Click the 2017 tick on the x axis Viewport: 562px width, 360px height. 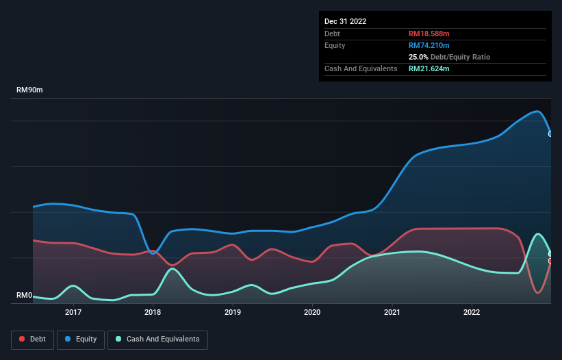point(73,312)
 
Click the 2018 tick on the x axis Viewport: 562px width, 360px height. point(153,312)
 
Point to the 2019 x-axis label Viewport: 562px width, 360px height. point(233,312)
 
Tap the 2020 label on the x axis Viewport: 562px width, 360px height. point(312,312)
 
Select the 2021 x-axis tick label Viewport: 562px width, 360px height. point(392,312)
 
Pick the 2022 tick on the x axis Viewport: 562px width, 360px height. point(472,312)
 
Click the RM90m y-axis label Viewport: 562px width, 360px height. point(30,90)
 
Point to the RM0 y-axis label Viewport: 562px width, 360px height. point(25,296)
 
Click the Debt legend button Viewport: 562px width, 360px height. point(32,339)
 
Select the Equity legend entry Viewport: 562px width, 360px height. point(81,339)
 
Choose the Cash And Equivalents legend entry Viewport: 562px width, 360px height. point(157,339)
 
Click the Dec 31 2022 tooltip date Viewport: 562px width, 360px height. point(346,21)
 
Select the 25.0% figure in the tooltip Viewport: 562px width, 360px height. point(418,57)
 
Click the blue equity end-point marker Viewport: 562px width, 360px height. point(550,134)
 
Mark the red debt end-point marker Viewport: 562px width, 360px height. point(550,261)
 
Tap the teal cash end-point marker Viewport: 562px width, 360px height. point(550,254)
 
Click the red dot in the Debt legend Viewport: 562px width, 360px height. point(23,339)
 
